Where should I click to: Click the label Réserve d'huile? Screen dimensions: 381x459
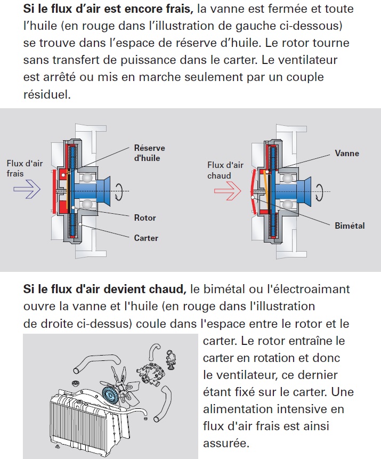point(150,153)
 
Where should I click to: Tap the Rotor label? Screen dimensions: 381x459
point(145,218)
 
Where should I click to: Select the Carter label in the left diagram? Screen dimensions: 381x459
point(146,238)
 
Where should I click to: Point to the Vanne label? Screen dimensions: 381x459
point(347,153)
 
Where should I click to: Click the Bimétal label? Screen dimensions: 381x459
point(350,226)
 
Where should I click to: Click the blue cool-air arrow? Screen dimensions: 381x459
point(27,189)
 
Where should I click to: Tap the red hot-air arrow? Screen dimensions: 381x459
point(228,190)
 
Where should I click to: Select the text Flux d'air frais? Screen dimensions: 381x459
point(25,168)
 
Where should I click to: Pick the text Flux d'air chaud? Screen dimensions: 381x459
point(225,170)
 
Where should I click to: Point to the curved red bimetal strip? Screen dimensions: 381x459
point(253,191)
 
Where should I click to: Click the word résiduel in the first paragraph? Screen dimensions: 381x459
point(47,94)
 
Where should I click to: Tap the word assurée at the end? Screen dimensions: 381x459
point(226,443)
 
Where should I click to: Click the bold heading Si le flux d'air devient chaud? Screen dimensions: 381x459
point(105,289)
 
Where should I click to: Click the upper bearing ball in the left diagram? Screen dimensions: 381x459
point(87,178)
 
